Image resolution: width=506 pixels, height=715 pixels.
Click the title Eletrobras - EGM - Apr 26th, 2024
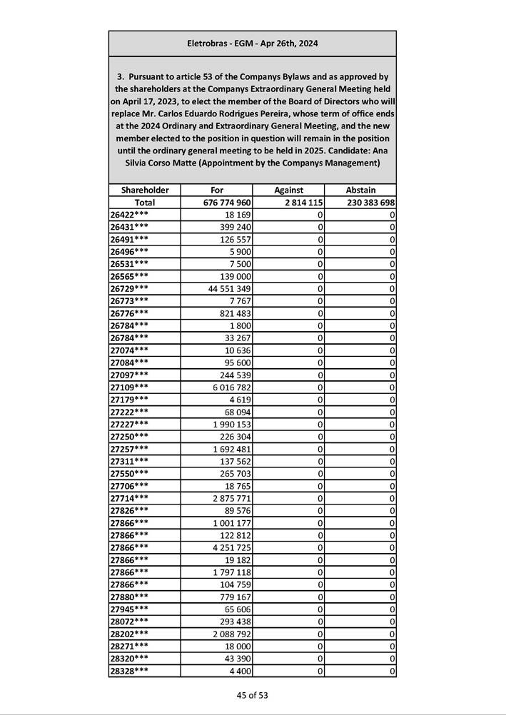[252, 44]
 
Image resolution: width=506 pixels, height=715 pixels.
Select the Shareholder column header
[145, 191]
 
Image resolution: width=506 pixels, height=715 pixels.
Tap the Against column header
[288, 191]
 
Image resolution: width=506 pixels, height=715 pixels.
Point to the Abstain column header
[360, 191]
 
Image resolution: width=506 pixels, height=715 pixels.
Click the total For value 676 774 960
[226, 203]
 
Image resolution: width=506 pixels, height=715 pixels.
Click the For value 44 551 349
[228, 288]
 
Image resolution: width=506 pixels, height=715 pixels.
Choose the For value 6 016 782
[231, 386]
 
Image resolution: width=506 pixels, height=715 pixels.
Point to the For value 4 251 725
[231, 547]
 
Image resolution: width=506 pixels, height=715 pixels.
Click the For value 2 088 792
[231, 634]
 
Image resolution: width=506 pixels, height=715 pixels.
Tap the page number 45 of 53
[253, 695]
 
